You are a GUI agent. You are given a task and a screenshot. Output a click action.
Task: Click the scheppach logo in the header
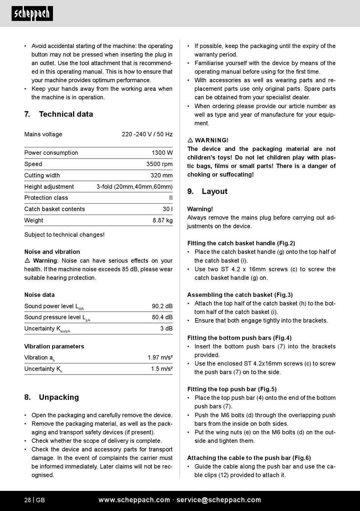(32, 14)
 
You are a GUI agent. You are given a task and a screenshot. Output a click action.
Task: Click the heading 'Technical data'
(66, 114)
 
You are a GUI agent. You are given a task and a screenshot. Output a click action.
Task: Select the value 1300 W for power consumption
(162, 153)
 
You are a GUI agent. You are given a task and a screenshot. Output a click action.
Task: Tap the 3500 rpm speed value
(159, 164)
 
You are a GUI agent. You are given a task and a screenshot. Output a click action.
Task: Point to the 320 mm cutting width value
(161, 176)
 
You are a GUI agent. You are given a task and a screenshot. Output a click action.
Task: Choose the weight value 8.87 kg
(163, 220)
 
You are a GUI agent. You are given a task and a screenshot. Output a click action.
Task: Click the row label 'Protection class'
(46, 198)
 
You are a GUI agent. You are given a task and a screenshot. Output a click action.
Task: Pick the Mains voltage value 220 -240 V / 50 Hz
(147, 134)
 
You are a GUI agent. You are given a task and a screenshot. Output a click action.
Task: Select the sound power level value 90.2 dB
(162, 306)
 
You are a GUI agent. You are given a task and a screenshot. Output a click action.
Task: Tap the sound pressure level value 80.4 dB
(162, 317)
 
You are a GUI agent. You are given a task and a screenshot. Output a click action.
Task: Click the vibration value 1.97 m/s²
(160, 357)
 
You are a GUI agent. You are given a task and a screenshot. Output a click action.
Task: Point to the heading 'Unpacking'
(59, 397)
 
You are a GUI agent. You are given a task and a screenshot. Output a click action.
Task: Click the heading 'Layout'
(214, 191)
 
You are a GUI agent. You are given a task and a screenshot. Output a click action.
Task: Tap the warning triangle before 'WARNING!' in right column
(190, 140)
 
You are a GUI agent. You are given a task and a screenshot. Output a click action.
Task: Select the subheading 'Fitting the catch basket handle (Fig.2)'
(241, 243)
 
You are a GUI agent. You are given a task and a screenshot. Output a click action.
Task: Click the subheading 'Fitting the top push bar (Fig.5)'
(232, 389)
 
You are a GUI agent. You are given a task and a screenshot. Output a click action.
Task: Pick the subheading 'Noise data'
(39, 295)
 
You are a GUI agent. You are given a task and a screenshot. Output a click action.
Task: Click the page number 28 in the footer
(28, 500)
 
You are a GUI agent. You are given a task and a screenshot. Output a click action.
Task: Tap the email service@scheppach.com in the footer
(219, 500)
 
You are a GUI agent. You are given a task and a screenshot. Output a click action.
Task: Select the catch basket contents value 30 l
(167, 209)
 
